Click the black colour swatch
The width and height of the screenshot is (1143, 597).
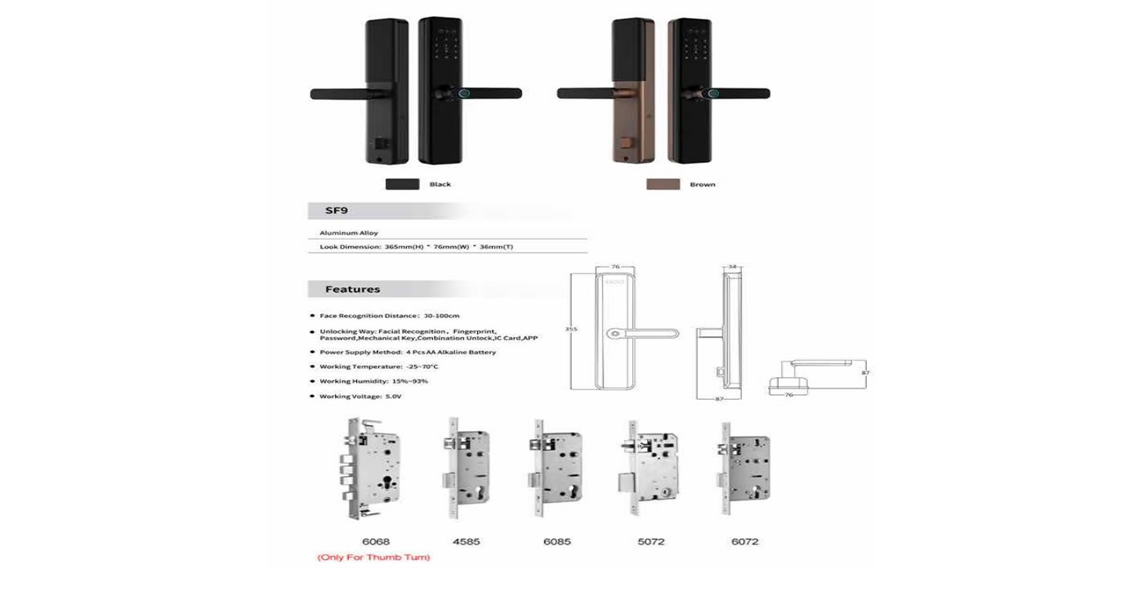pos(402,184)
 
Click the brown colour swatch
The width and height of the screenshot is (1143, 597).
pos(663,184)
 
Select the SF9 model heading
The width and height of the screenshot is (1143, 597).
pos(337,211)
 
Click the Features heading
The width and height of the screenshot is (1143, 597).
pos(352,289)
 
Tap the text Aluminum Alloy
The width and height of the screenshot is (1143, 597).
pos(349,233)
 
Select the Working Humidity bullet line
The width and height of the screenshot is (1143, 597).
pos(373,382)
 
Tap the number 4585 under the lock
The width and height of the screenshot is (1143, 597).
pos(466,541)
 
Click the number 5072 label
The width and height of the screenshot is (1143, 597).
pos(650,541)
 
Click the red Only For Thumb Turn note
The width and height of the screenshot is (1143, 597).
pos(373,558)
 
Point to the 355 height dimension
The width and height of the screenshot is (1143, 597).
pos(572,329)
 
